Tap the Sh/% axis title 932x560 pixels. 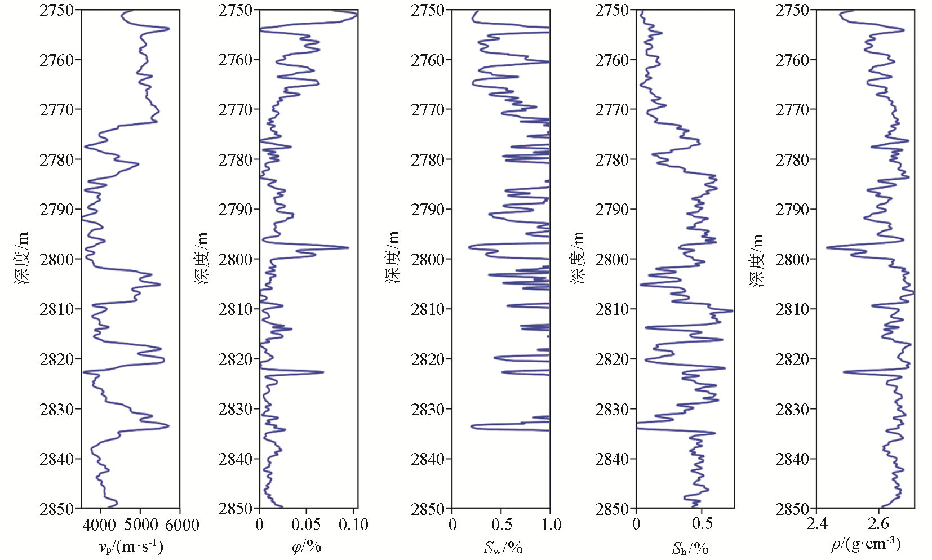pos(690,548)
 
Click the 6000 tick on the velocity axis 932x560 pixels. pos(180,525)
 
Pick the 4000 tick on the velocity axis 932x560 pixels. pos(100,525)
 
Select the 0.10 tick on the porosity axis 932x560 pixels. pos(354,525)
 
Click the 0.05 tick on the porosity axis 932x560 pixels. pos(307,525)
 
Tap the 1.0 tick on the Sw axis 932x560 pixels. pos(551,525)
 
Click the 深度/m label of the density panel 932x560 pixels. pos(757,260)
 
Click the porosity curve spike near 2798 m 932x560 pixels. pos(348,247)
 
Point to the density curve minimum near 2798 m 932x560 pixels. pos(827,247)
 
